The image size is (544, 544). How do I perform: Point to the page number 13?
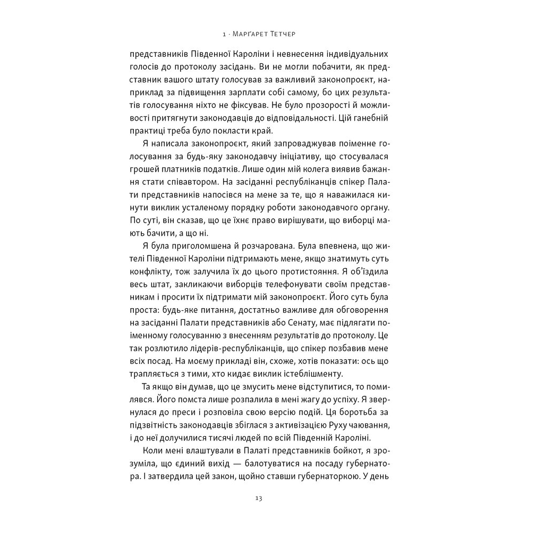[259, 498]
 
